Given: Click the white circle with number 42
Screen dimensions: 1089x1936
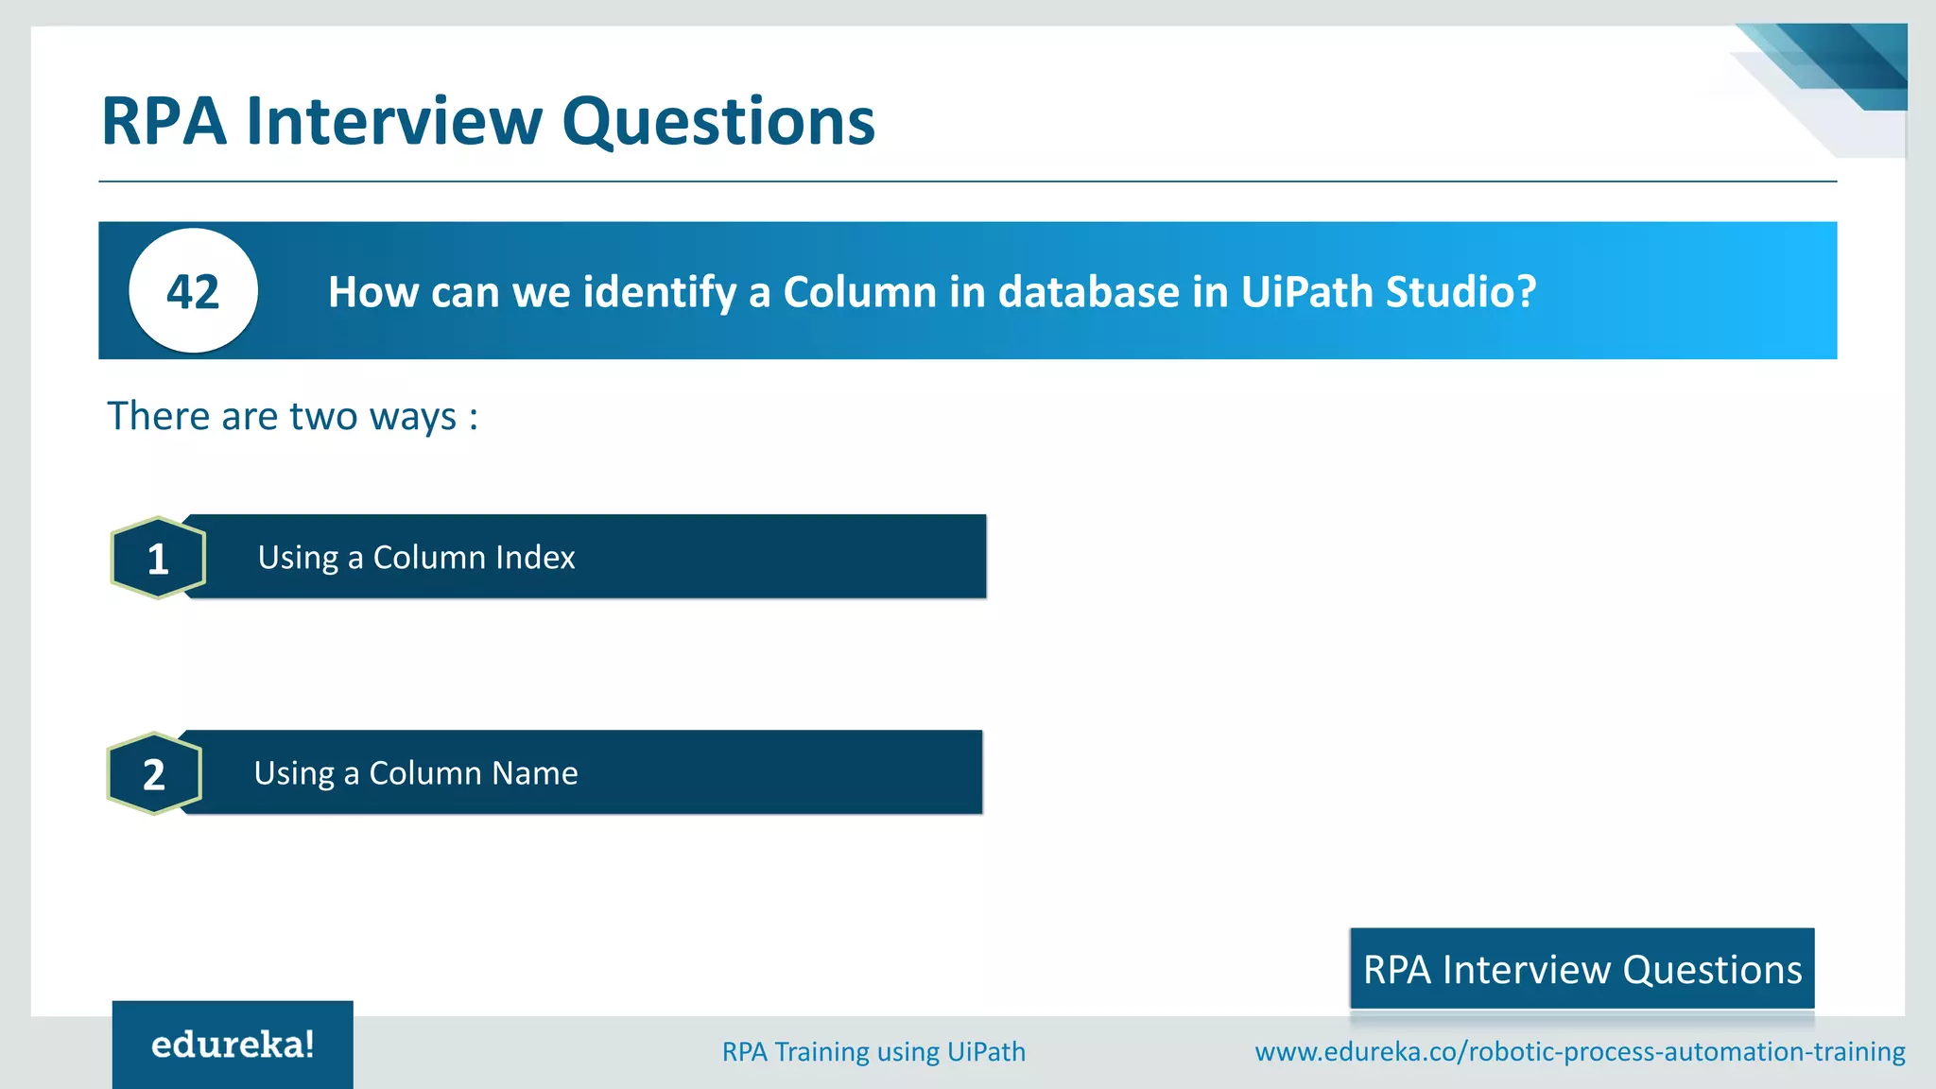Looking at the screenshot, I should pyautogui.click(x=193, y=291).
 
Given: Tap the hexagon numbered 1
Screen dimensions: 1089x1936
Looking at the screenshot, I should pyautogui.click(x=158, y=558).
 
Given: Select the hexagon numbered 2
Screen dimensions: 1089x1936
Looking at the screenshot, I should pyautogui.click(x=154, y=773).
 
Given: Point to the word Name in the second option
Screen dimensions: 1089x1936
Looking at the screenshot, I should pyautogui.click(x=534, y=773).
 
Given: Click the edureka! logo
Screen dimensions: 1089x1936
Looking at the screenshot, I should pyautogui.click(x=233, y=1045).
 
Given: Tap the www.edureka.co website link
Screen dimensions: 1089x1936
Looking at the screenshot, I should pyautogui.click(x=1580, y=1051).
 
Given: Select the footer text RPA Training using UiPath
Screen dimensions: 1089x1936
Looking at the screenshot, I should pyautogui.click(x=873, y=1051).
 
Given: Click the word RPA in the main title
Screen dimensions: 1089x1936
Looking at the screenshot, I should pyautogui.click(x=164, y=122).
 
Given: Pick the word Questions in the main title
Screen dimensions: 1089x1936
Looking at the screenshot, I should pyautogui.click(x=718, y=122).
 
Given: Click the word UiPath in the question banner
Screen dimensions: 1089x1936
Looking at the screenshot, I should pyautogui.click(x=1306, y=292).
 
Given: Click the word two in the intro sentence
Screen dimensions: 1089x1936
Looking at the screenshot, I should pyautogui.click(x=323, y=416).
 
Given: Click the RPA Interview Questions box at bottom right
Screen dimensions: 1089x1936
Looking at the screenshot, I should pyautogui.click(x=1582, y=969).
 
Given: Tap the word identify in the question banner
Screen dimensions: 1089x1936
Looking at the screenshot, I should pyautogui.click(x=660, y=292).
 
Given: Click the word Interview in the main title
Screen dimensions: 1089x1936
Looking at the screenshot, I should pyautogui.click(x=393, y=122).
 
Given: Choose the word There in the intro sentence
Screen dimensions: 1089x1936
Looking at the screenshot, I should pyautogui.click(x=159, y=416).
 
